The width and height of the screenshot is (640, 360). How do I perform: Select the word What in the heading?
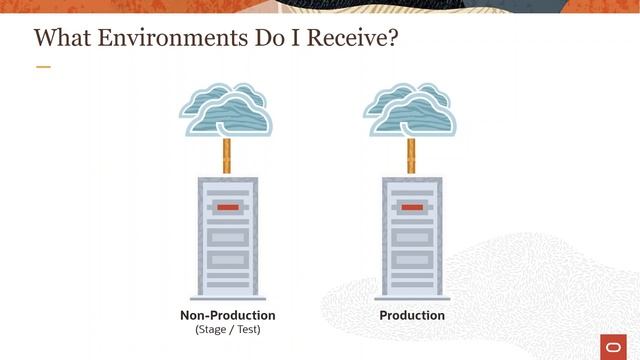tap(61, 39)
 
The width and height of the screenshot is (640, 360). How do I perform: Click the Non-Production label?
tap(227, 315)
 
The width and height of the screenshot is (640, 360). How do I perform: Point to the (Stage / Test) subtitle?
tap(227, 329)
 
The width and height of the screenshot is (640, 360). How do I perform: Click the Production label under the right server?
tap(412, 315)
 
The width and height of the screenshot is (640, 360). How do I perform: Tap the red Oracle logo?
tap(614, 345)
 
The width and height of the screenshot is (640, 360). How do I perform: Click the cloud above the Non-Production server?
tap(227, 109)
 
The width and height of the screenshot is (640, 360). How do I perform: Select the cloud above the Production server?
tap(411, 109)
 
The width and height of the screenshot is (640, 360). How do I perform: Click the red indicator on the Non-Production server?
tap(228, 207)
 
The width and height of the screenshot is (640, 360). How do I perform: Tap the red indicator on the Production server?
tap(411, 207)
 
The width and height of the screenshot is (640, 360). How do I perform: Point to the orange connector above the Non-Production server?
tap(227, 156)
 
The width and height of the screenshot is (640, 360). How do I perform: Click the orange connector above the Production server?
tap(411, 156)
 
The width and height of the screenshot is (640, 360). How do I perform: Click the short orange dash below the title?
tap(43, 67)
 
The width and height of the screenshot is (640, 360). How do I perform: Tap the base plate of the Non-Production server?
tap(228, 298)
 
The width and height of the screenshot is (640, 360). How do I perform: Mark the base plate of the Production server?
tap(411, 298)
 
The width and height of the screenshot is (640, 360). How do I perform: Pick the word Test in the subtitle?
tap(246, 329)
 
